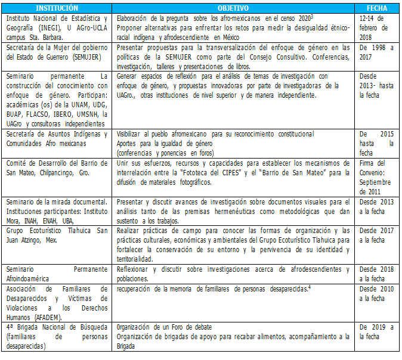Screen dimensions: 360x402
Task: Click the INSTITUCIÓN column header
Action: pyautogui.click(x=57, y=8)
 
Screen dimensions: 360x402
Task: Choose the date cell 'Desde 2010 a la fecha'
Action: pyautogui.click(x=375, y=293)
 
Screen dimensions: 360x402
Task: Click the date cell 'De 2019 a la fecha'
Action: pyautogui.click(x=375, y=331)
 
